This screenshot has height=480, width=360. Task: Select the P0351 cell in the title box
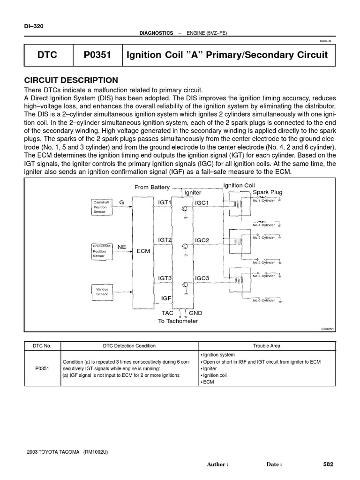(97, 55)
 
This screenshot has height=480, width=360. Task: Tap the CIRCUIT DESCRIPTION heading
(71, 80)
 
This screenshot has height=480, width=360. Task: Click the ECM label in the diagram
(143, 251)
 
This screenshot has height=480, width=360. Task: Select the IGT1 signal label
(165, 202)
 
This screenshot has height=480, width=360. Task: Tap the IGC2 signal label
(202, 240)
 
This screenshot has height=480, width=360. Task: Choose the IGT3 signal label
(165, 278)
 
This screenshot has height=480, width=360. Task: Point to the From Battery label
(152, 187)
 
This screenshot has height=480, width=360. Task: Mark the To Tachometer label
(178, 321)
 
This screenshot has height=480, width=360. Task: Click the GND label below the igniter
(195, 313)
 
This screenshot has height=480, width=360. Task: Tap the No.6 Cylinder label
(263, 300)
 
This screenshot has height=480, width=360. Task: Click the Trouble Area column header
(267, 346)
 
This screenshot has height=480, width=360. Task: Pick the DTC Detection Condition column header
(129, 346)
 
